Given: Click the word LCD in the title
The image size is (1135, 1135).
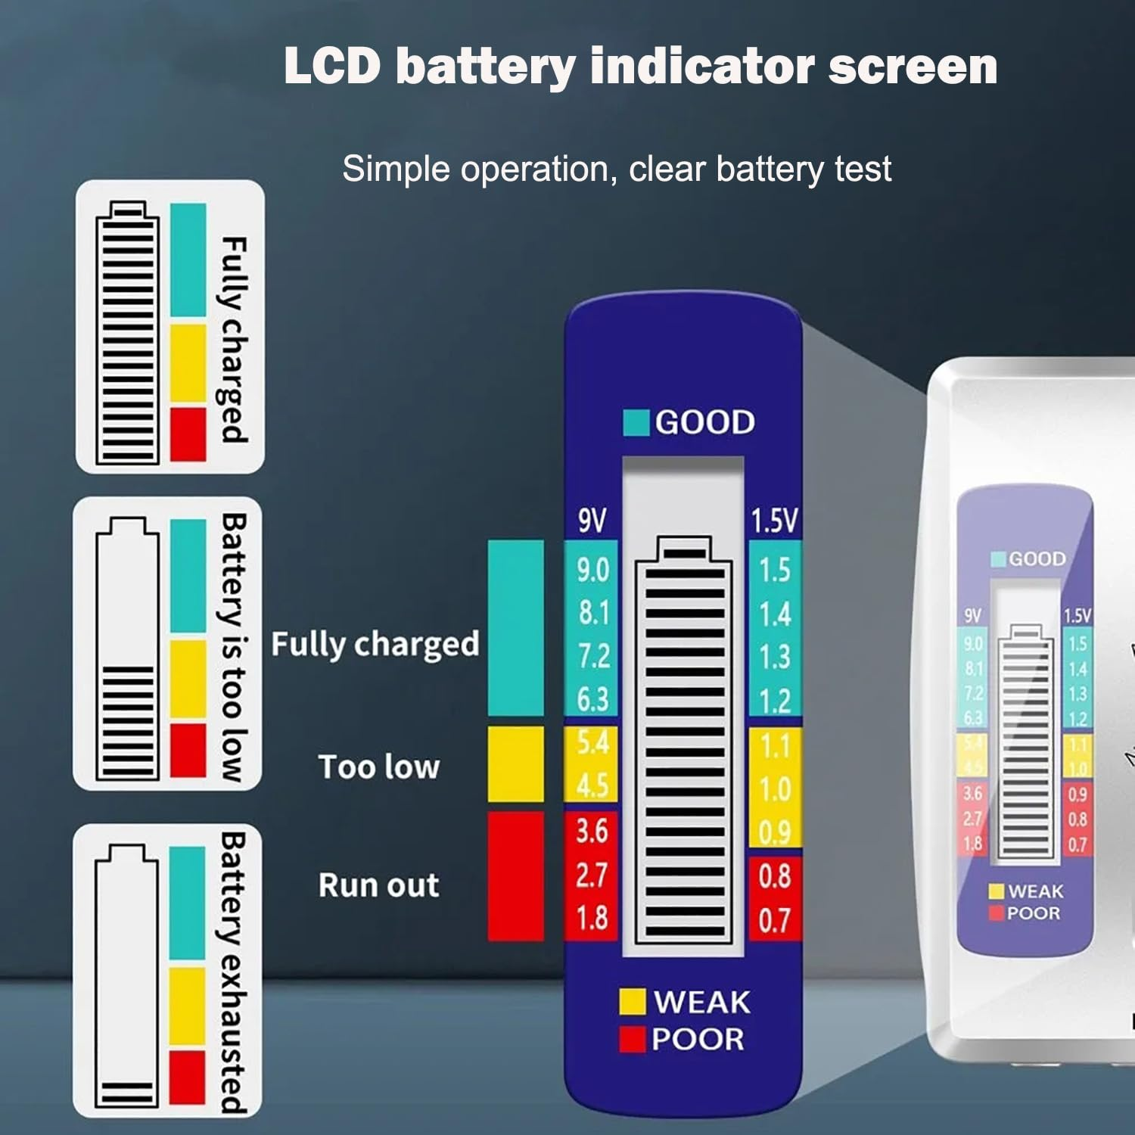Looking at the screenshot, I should (332, 66).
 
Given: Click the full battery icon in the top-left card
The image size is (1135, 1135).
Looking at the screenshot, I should (127, 333).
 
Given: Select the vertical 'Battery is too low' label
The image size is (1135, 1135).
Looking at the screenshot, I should (233, 648).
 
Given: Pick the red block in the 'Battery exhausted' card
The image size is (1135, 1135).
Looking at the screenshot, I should (187, 1076).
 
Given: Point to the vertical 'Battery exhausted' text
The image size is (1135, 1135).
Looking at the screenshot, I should (232, 972).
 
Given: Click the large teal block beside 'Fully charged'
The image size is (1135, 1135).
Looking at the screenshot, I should (515, 628).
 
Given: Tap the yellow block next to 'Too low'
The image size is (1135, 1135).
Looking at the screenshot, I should (515, 764).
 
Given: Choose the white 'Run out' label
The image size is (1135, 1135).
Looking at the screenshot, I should (378, 885).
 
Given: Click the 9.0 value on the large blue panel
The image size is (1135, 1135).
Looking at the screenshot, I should (592, 569).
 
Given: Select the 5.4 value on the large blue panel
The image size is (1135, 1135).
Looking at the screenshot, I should (592, 743).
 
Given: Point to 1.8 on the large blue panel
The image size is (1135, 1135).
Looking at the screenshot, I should (592, 918).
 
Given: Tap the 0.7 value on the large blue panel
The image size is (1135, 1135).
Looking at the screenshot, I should (774, 920).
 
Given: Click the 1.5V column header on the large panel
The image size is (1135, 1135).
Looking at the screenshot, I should (774, 521).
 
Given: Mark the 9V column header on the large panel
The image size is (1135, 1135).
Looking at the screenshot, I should (592, 521).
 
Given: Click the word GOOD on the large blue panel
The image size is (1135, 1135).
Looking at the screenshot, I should (704, 422).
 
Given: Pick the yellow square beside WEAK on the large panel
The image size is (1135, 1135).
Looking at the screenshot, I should (632, 1001).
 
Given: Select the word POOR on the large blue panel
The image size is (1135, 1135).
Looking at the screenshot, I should (698, 1039).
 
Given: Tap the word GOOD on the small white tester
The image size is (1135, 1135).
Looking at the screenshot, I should (1037, 559).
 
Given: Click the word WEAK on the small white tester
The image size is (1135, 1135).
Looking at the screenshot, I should (1035, 891).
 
